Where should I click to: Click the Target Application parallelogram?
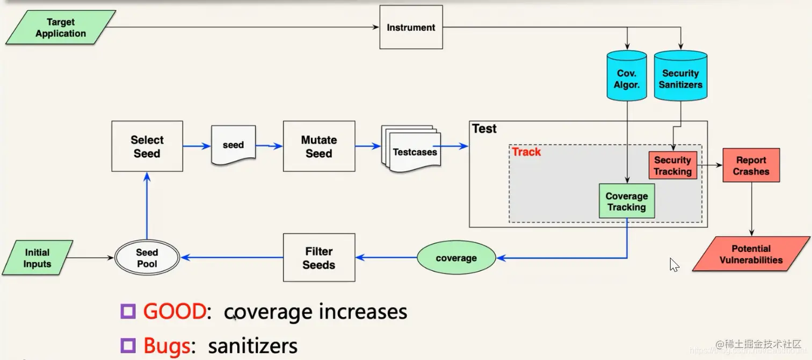(x=61, y=28)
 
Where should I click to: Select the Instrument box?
(x=411, y=27)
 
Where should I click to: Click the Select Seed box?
(x=147, y=146)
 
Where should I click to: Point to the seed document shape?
(x=233, y=145)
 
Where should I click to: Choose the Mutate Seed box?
(x=319, y=146)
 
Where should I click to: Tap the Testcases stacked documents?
(x=411, y=150)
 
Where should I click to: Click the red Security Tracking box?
(x=672, y=165)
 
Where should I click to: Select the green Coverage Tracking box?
(x=627, y=201)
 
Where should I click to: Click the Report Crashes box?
(x=751, y=165)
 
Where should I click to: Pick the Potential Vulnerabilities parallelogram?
(x=751, y=254)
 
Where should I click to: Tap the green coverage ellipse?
(x=456, y=258)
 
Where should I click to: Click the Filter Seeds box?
(x=319, y=258)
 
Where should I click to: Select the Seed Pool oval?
(x=147, y=258)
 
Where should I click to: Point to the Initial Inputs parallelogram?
(x=38, y=258)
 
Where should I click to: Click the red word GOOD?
(x=175, y=312)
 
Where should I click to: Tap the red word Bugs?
(x=166, y=345)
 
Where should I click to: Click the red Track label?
(x=526, y=152)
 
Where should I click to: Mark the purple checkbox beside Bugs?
(x=128, y=345)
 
